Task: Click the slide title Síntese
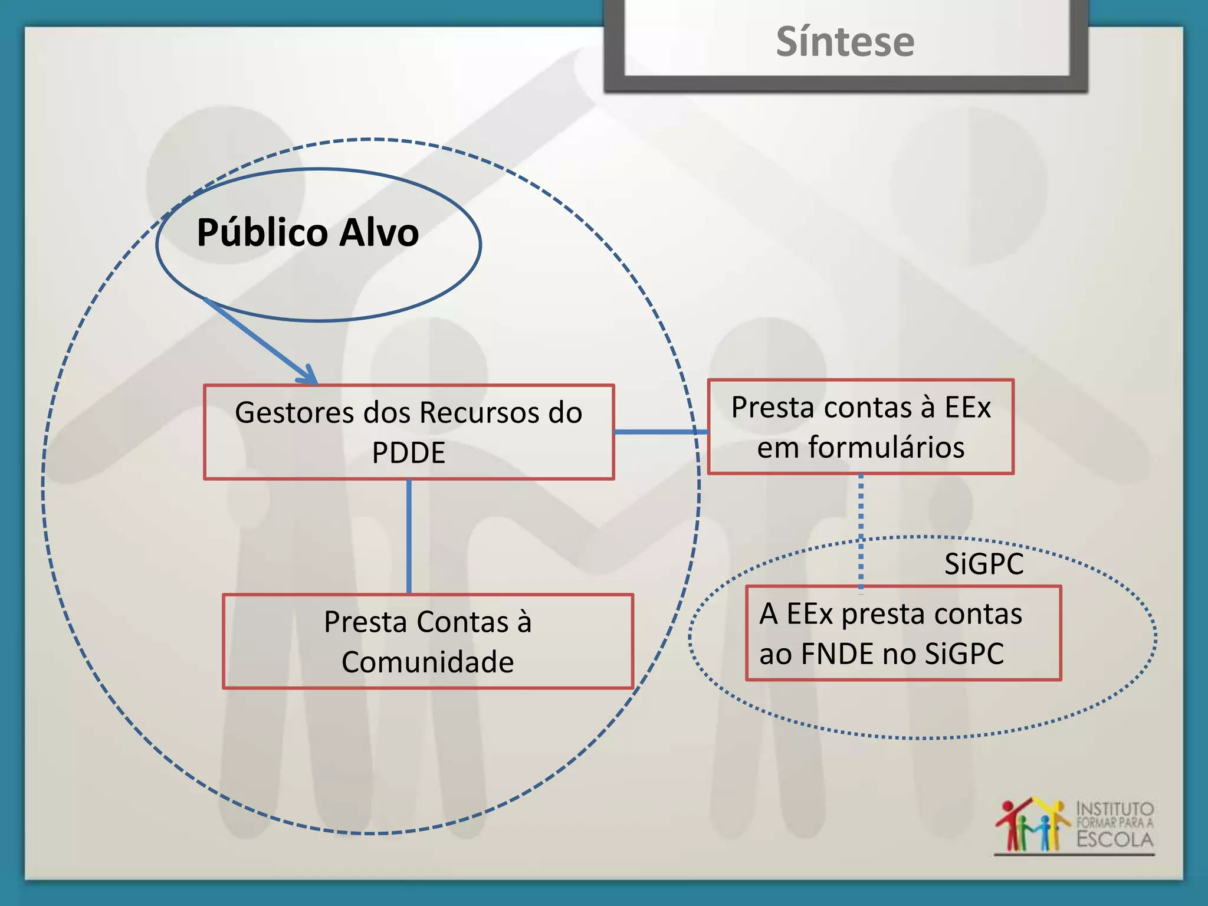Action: coord(845,42)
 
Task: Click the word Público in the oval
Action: coord(262,233)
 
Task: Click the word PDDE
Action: coord(408,453)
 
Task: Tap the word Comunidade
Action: coord(428,662)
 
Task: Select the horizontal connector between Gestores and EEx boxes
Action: coord(661,432)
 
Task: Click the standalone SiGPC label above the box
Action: coord(983,564)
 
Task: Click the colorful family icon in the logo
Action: coord(1032,826)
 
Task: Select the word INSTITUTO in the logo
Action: coord(1115,808)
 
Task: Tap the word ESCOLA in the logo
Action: coord(1115,839)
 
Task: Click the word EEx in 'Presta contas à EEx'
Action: coord(967,407)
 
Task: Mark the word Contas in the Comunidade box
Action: coord(463,622)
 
